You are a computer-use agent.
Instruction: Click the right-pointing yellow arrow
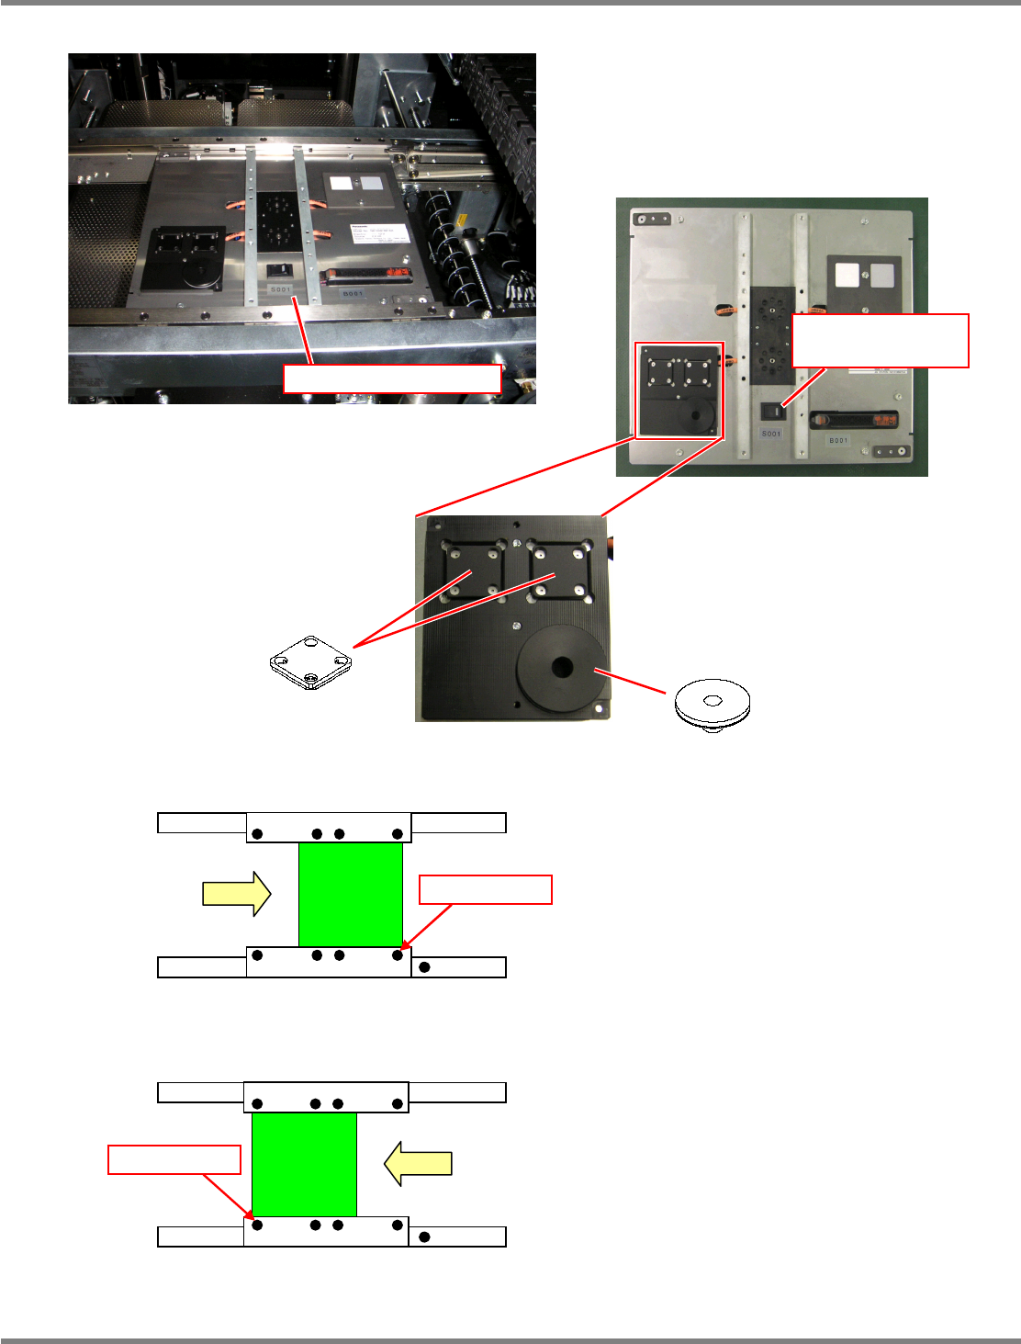point(236,894)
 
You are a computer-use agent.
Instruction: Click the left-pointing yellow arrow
point(419,1163)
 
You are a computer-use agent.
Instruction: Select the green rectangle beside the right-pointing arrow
point(351,894)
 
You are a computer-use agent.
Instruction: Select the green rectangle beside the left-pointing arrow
point(304,1164)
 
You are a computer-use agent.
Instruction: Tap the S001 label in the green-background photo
point(770,434)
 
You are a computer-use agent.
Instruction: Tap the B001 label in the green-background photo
point(839,441)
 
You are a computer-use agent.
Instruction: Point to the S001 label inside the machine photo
point(280,289)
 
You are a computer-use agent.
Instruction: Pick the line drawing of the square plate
point(310,661)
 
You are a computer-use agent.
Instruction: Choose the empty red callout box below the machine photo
point(392,378)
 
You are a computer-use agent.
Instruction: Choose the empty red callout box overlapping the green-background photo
point(880,341)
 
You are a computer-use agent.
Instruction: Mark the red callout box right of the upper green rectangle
point(485,889)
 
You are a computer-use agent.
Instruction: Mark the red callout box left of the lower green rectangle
point(174,1159)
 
